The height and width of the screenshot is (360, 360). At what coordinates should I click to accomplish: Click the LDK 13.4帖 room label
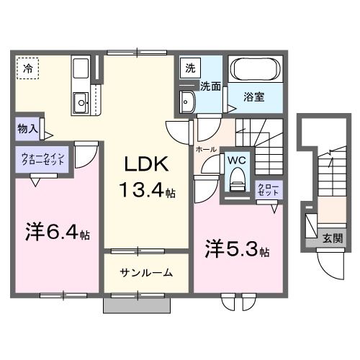click(148, 177)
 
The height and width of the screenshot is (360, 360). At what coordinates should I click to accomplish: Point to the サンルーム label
click(146, 273)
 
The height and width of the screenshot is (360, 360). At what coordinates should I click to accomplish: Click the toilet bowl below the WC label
click(235, 183)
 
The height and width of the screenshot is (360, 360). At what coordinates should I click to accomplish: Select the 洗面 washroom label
click(210, 86)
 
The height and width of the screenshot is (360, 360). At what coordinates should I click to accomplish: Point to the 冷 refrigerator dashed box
click(28, 70)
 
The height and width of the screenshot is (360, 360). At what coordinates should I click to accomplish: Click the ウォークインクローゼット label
click(43, 160)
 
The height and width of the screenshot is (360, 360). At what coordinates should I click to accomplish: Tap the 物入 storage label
click(28, 130)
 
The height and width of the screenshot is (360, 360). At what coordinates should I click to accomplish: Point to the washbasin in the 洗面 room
click(189, 102)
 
